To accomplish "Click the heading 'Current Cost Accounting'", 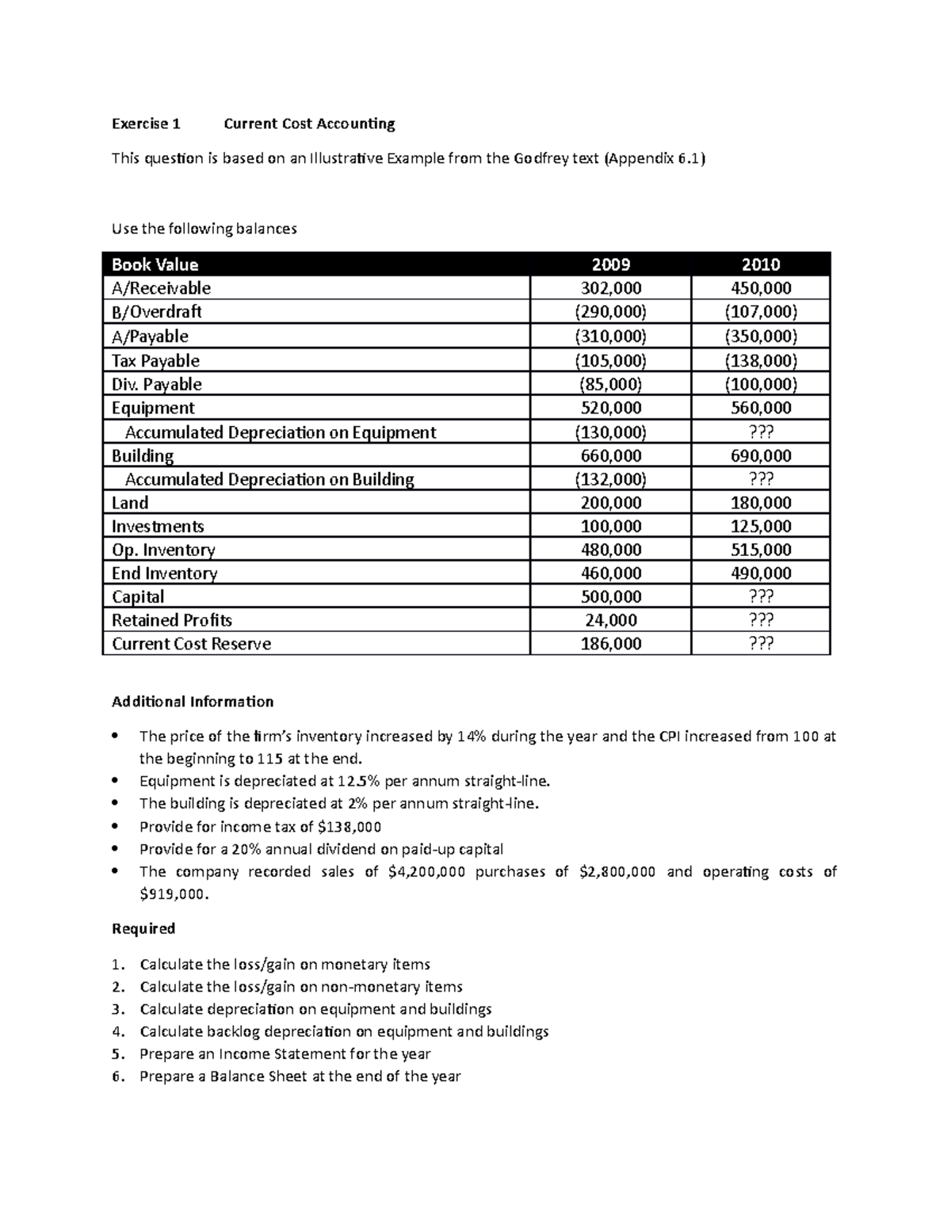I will [x=309, y=124].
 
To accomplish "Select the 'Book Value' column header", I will [x=155, y=265].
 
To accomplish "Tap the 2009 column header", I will [x=610, y=265].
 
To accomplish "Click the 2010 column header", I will [x=761, y=265].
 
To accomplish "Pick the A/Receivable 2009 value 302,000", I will [x=610, y=288].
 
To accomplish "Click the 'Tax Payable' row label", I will [x=155, y=360].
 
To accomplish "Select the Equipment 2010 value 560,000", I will [x=761, y=408].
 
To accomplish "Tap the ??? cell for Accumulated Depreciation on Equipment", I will [x=761, y=432].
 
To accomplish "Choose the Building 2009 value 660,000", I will [x=610, y=455].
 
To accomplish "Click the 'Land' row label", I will [x=130, y=503].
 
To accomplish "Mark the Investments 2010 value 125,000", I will [x=761, y=527].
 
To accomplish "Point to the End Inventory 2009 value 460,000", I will [x=610, y=573].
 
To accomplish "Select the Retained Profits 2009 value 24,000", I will [x=610, y=620].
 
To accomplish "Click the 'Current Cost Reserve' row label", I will [x=191, y=644].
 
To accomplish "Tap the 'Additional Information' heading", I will [x=193, y=702].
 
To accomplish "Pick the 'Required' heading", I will [x=143, y=928].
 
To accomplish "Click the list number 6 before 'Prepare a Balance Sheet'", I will [x=117, y=1076].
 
